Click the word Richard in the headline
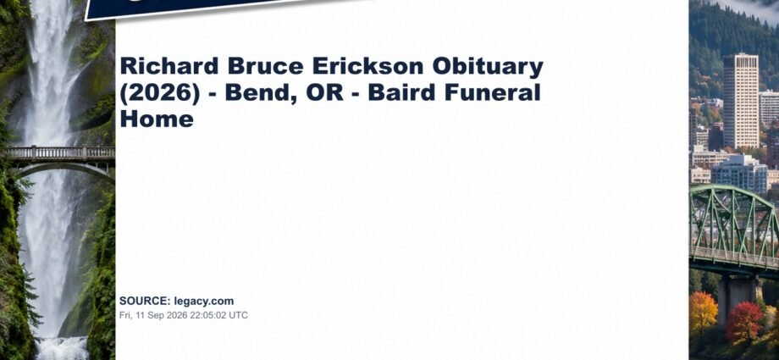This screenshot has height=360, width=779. point(169,66)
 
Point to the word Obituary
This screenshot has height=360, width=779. point(488,68)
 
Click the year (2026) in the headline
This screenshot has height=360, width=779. point(160,93)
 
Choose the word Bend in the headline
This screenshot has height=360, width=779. point(262,93)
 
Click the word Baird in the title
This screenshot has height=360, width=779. point(402,93)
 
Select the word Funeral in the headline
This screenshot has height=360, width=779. point(492,93)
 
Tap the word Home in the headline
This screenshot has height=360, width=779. point(157,119)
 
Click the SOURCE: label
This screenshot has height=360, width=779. point(145,301)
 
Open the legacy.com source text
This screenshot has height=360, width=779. point(204,302)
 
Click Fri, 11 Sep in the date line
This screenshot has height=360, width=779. point(142,315)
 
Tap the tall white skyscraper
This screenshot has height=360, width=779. point(740,101)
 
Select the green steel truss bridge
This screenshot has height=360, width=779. point(734,229)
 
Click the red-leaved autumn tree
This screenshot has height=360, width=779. point(743,322)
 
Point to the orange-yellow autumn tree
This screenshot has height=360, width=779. point(703,313)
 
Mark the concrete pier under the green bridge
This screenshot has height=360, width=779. point(738,299)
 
